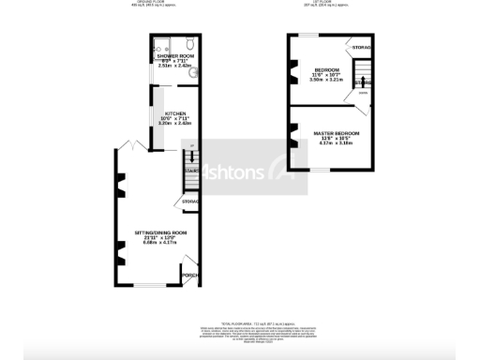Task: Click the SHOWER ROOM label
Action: click(x=174, y=56)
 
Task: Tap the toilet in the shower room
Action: click(x=188, y=44)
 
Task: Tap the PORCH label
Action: click(x=188, y=275)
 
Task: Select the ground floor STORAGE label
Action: click(x=190, y=202)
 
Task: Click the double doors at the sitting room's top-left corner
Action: click(x=131, y=146)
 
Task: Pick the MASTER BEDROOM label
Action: click(x=336, y=133)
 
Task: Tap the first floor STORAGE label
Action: click(x=361, y=47)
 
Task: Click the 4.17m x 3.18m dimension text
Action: click(x=336, y=144)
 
